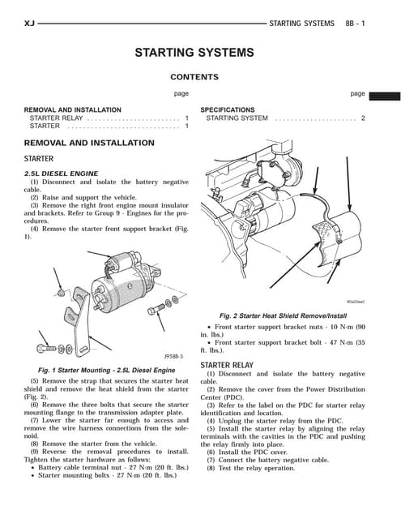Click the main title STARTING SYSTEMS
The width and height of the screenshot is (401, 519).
click(194, 53)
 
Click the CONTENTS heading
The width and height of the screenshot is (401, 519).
click(194, 77)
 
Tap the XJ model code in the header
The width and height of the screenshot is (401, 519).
click(29, 24)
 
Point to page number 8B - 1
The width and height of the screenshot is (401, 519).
click(355, 24)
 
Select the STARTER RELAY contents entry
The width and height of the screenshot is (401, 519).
click(56, 118)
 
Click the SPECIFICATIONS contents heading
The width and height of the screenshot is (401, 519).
click(228, 110)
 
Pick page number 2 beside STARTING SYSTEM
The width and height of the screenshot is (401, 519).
click(363, 118)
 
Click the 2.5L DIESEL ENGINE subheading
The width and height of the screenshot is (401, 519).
click(61, 174)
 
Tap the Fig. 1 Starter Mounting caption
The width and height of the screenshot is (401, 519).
click(106, 370)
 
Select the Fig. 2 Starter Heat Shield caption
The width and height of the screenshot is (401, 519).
click(283, 315)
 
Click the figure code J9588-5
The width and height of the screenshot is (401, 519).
click(174, 357)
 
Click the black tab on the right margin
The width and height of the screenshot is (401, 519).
click(385, 97)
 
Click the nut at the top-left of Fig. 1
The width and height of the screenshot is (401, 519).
click(61, 293)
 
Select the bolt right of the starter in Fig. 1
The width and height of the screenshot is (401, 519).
click(156, 310)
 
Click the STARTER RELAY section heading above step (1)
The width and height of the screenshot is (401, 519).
click(227, 365)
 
